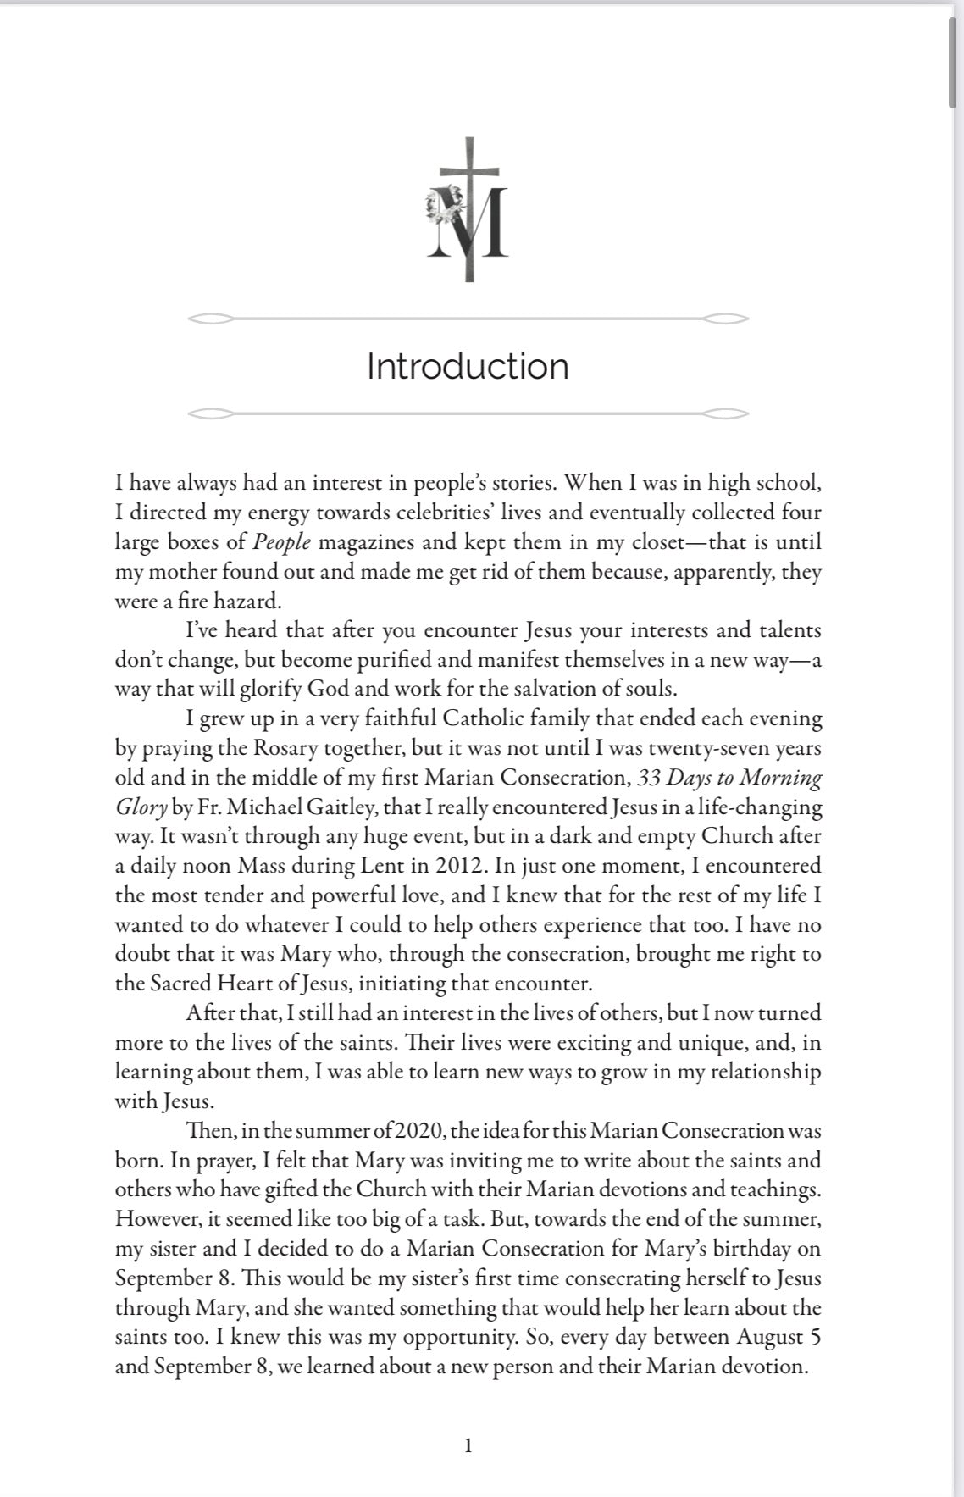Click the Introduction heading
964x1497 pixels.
468,366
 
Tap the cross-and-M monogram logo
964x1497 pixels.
468,211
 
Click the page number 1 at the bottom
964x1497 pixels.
468,1445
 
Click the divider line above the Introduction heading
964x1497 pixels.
468,319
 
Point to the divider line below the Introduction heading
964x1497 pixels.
468,414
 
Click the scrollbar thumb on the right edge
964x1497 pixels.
955,64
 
